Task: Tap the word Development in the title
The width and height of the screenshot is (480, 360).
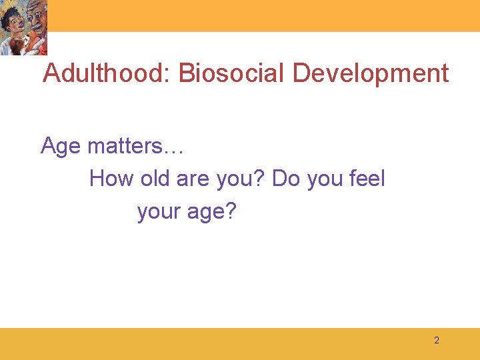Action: (371, 73)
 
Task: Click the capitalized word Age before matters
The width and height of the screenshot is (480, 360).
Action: (62, 145)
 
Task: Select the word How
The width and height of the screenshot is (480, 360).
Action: (111, 179)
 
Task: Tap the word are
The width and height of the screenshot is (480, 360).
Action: (194, 179)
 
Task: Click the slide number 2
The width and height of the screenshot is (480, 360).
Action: (437, 341)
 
